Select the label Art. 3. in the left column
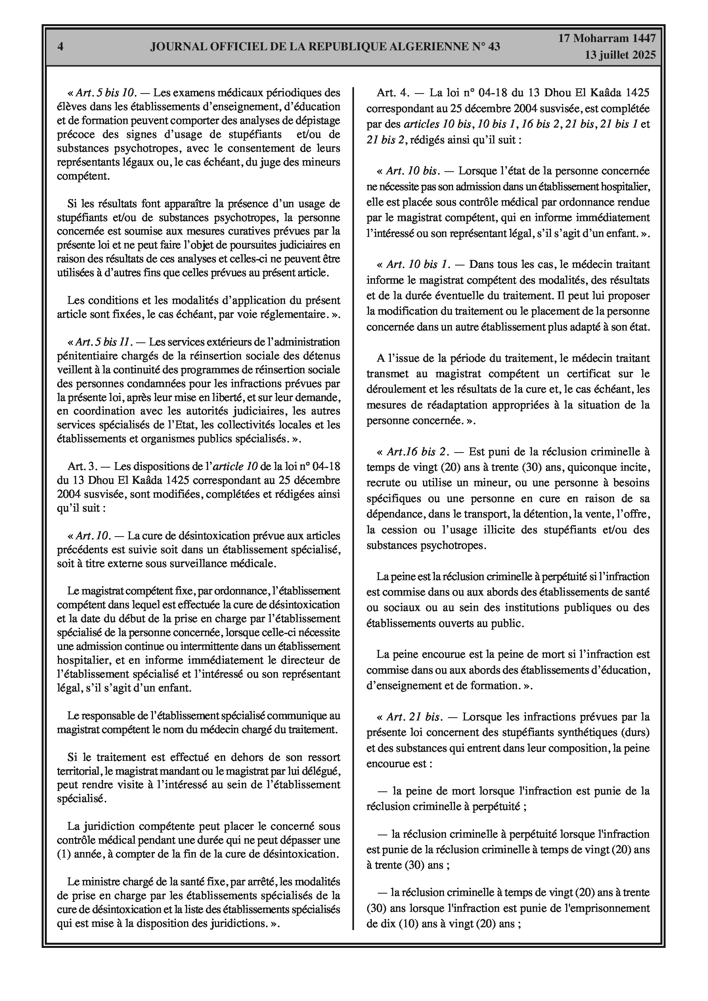[82, 466]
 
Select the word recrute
[382, 483]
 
